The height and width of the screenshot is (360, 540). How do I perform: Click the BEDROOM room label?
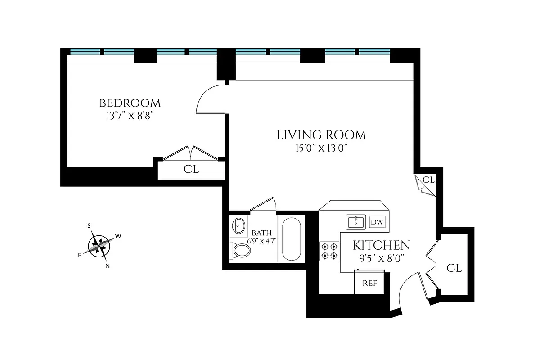(x=130, y=103)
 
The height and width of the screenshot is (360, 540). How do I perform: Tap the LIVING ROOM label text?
(x=321, y=135)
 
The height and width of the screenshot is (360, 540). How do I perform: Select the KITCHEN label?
(x=381, y=245)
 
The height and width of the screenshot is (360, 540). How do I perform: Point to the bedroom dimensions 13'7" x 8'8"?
(x=130, y=116)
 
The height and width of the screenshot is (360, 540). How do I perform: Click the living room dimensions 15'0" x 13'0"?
(x=321, y=148)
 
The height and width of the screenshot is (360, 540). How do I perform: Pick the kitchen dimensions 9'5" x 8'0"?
(x=381, y=258)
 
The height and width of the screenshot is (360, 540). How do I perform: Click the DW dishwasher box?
(x=377, y=222)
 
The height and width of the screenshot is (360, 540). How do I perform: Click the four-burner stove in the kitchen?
(x=329, y=251)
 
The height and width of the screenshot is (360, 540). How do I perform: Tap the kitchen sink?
(x=356, y=221)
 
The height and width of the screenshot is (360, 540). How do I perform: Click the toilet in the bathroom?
(x=241, y=251)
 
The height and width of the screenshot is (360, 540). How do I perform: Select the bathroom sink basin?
(x=238, y=225)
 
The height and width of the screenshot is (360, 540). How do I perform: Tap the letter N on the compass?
(x=108, y=265)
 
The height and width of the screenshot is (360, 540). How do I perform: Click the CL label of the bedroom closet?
(x=191, y=170)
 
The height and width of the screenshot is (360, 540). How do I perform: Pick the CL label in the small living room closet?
(x=428, y=180)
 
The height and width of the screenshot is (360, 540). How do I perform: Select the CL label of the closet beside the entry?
(x=454, y=268)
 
